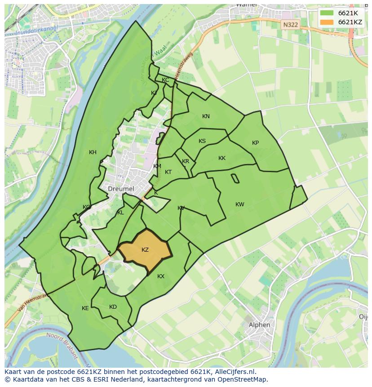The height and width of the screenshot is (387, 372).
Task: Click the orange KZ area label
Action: click(145, 250)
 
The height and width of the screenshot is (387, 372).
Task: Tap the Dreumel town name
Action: click(121, 189)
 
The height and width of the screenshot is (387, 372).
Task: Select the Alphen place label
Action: click(260, 325)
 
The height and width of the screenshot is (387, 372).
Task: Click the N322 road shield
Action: click(290, 25)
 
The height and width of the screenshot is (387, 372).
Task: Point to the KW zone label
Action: click(240, 205)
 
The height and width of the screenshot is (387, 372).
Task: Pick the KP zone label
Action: click(255, 143)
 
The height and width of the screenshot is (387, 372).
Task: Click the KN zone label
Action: click(206, 116)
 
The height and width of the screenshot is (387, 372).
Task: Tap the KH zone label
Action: click(93, 152)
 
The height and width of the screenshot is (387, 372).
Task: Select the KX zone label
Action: click(161, 276)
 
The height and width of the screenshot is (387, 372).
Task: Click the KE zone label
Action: click(85, 308)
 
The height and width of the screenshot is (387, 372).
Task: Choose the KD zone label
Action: click(113, 307)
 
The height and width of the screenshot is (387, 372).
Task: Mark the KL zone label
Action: click(120, 213)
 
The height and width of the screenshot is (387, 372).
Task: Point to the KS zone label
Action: click(202, 141)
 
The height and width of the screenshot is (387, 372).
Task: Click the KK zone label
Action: click(222, 158)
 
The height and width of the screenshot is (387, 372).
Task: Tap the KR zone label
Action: click(186, 161)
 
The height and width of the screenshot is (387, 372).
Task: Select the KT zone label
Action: click(168, 172)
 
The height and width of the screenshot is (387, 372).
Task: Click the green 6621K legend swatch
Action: click(327, 13)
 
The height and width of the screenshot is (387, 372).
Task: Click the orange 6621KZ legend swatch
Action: click(327, 22)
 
